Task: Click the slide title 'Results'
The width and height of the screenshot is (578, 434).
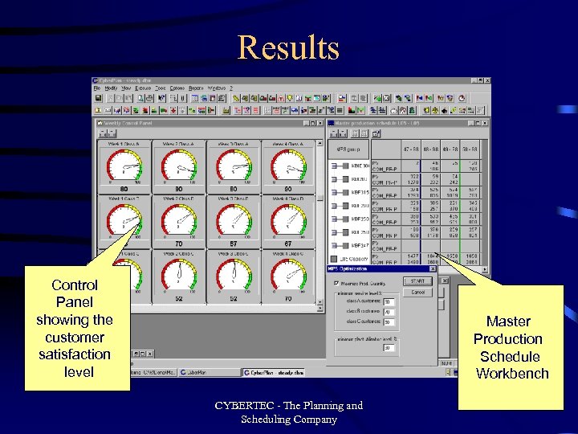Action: click(288, 48)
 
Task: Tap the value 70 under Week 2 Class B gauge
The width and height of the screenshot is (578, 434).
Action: click(178, 243)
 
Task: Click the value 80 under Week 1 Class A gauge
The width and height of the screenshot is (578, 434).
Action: click(124, 189)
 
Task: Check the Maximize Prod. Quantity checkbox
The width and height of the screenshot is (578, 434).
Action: click(336, 283)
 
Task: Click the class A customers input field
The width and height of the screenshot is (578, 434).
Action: click(388, 303)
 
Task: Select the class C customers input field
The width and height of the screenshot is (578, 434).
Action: click(388, 321)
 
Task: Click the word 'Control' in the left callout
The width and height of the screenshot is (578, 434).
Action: click(75, 285)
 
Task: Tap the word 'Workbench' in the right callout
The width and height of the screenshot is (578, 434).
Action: click(512, 373)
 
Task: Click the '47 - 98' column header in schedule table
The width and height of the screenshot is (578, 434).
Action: click(413, 149)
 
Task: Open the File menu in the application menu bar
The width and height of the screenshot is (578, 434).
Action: click(97, 87)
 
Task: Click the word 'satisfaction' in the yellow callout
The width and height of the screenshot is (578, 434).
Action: click(75, 354)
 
